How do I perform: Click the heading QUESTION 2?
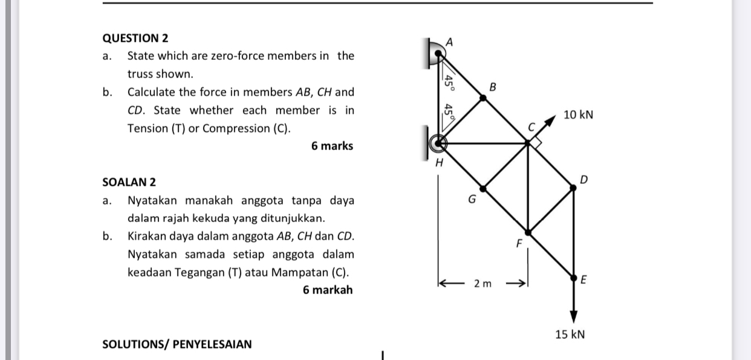click(x=135, y=38)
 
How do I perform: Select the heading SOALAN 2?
click(x=129, y=182)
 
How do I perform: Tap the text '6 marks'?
click(x=332, y=146)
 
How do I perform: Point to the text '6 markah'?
click(x=328, y=290)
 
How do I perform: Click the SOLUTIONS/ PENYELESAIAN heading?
click(x=177, y=344)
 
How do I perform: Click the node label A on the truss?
click(x=449, y=41)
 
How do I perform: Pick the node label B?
click(x=492, y=87)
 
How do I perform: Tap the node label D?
click(x=584, y=179)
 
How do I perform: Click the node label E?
click(x=584, y=280)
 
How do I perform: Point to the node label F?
click(x=518, y=244)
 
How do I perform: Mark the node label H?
click(x=440, y=163)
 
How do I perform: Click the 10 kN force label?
click(x=578, y=114)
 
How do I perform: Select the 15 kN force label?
click(x=570, y=335)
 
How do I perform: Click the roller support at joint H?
click(x=437, y=143)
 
